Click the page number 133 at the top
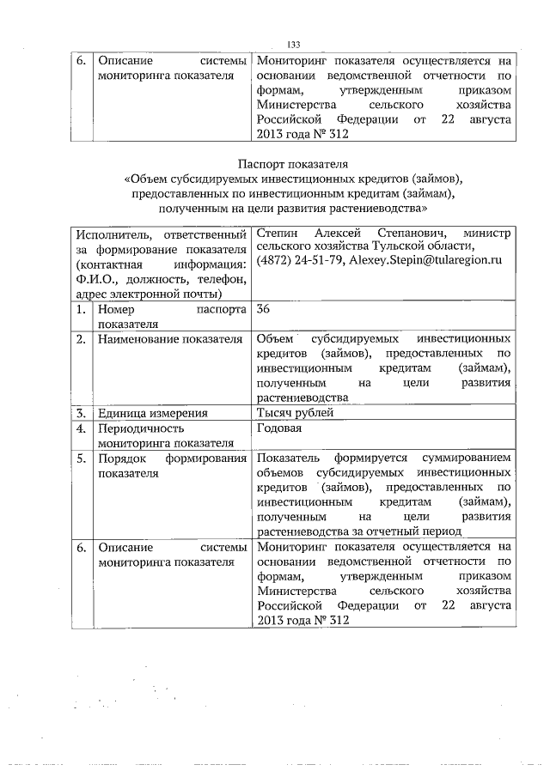[292, 46]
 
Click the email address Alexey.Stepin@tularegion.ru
[422, 261]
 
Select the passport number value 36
[264, 309]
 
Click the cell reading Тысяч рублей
[295, 412]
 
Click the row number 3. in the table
[80, 412]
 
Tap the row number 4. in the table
[80, 428]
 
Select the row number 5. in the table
[80, 458]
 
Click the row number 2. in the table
[80, 339]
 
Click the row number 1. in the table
[80, 309]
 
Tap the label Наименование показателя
[170, 339]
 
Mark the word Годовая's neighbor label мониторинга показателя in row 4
[166, 443]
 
